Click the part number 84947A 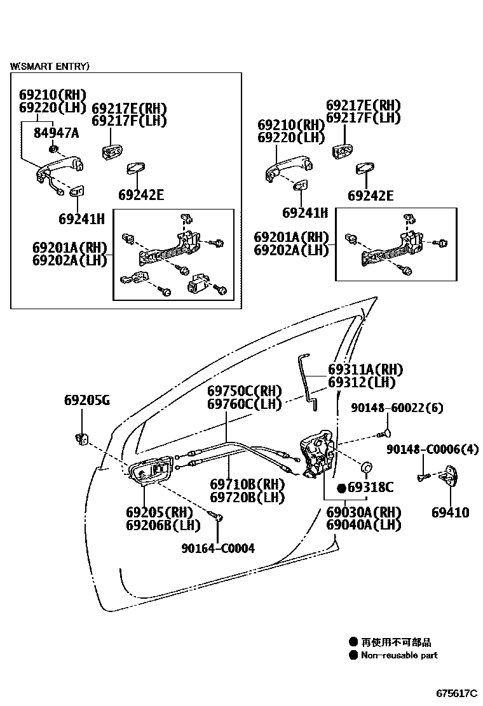click(x=56, y=133)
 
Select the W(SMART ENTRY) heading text click(x=49, y=66)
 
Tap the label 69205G click(x=86, y=401)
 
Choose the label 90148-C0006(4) click(x=432, y=450)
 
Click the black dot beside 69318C click(x=341, y=488)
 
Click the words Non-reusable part click(x=399, y=655)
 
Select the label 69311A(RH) click(x=365, y=370)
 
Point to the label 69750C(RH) click(x=244, y=391)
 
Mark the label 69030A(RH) click(x=364, y=512)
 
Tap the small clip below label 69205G click(x=81, y=437)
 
